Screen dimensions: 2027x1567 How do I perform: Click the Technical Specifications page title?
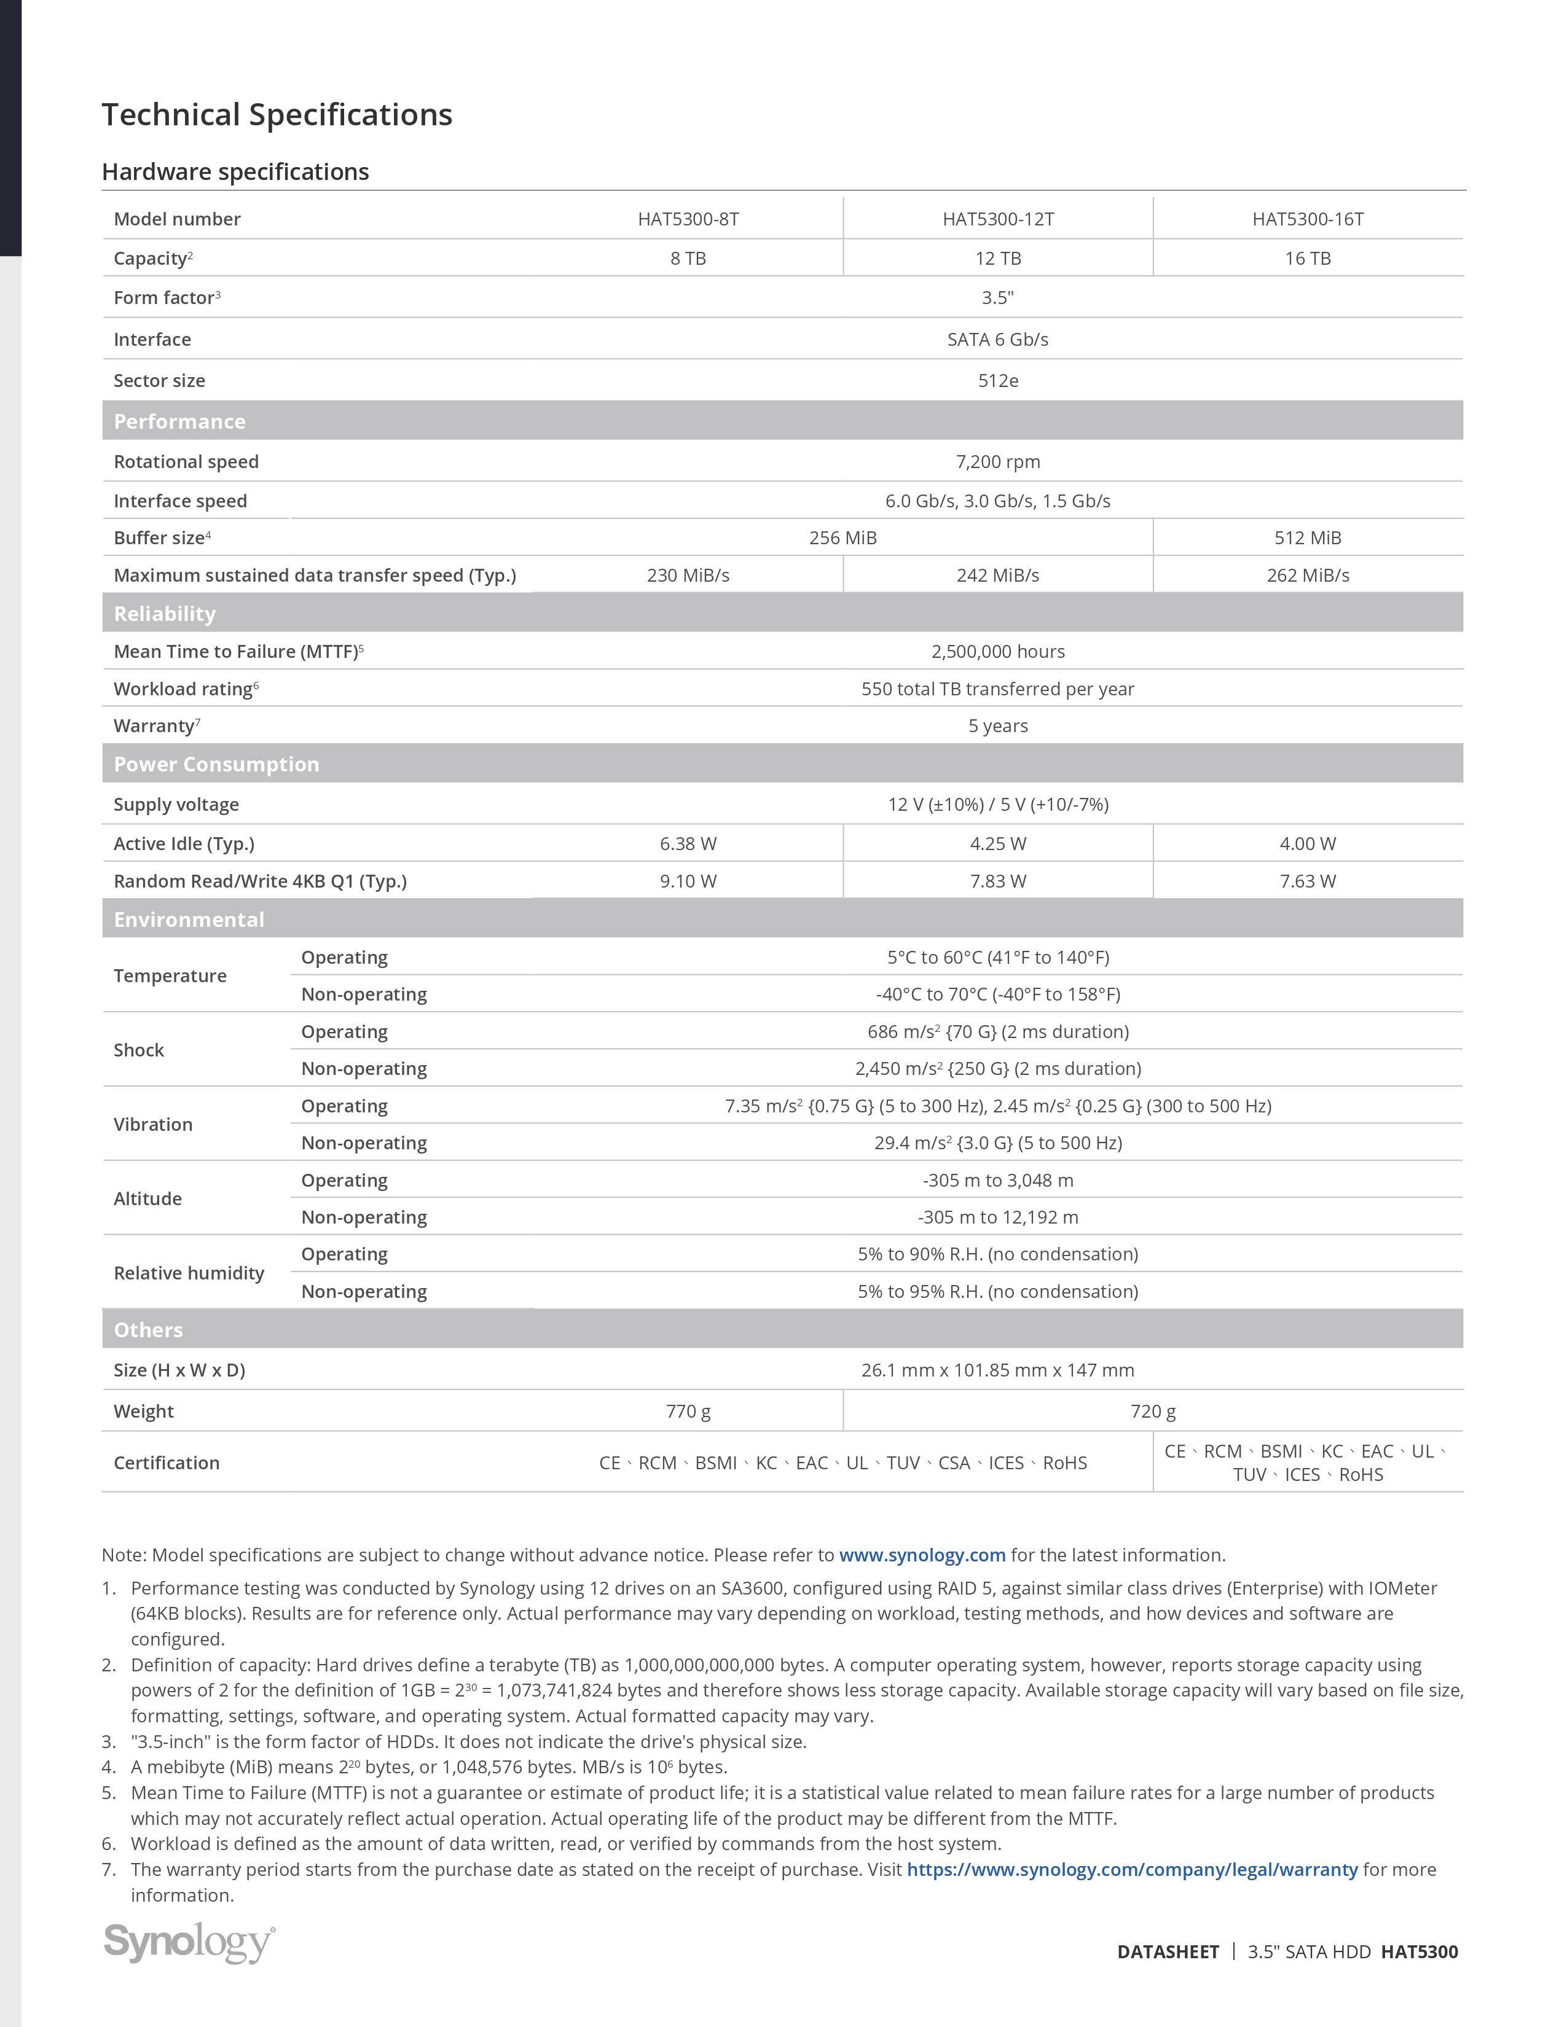[x=277, y=115]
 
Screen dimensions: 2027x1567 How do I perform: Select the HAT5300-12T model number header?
[x=998, y=219]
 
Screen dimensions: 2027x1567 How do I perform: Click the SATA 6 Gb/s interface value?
[x=998, y=340]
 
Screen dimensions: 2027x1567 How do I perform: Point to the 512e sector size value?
[x=998, y=381]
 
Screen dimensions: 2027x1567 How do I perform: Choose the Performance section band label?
[x=179, y=421]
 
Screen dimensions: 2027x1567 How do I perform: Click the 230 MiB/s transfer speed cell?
[x=688, y=576]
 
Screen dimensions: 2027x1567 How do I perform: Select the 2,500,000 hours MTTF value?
[x=998, y=652]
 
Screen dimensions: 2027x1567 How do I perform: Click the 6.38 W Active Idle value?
[x=688, y=843]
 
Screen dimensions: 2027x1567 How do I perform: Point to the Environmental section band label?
[x=189, y=920]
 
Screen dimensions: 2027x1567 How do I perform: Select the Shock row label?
[x=138, y=1050]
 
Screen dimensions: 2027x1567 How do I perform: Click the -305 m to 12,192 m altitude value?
[x=998, y=1217]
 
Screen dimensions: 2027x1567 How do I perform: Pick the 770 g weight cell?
[x=688, y=1411]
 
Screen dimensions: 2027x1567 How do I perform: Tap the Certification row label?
[x=166, y=1463]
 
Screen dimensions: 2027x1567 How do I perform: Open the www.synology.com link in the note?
[x=922, y=1555]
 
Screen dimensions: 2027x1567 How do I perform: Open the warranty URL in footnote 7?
[x=1131, y=1869]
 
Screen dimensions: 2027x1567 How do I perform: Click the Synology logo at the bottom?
[x=189, y=1942]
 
